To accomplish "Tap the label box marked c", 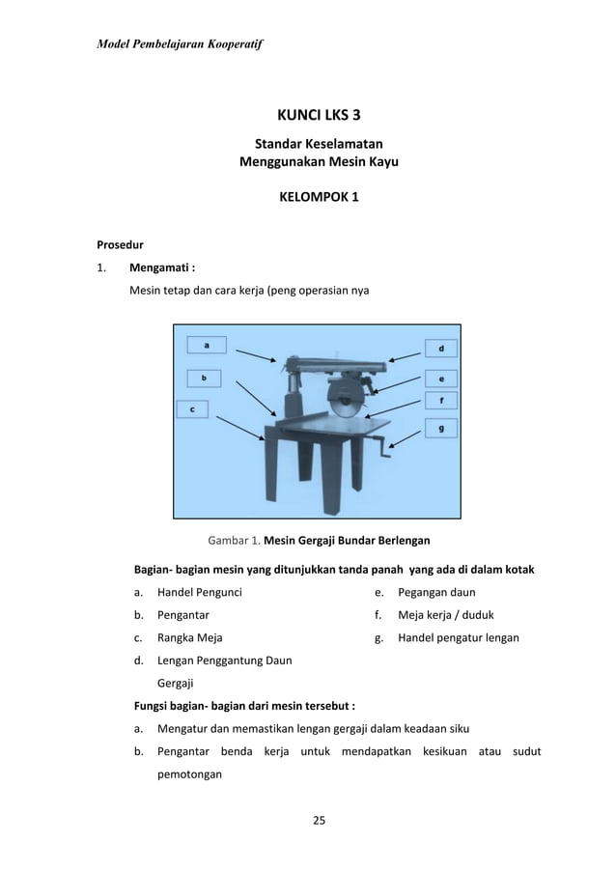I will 192,409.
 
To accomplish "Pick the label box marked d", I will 441,348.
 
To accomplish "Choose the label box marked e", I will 441,379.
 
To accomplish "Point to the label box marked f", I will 441,399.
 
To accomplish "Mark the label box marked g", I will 441,427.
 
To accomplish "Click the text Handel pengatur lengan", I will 459,637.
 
